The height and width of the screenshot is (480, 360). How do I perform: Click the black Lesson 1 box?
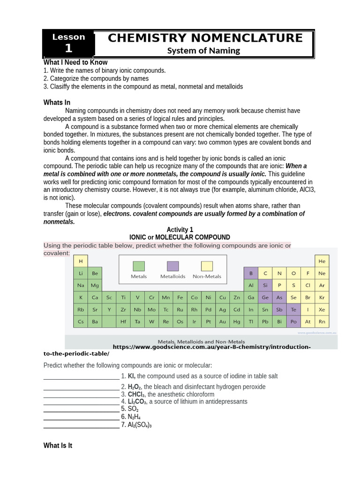tap(68, 43)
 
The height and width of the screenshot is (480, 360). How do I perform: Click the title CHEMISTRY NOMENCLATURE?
tap(205, 38)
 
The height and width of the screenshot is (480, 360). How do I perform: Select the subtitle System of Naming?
tap(204, 51)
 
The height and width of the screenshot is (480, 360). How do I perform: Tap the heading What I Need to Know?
tap(75, 62)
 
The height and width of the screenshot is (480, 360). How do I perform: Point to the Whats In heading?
tap(57, 103)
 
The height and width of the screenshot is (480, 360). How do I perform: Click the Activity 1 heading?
tap(180, 229)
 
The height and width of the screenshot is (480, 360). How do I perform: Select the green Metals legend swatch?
tap(139, 266)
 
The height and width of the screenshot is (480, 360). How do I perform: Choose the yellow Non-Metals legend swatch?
tap(207, 266)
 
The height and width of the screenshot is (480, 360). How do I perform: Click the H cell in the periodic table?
tap(81, 261)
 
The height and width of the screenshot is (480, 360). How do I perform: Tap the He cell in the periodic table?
tap(322, 261)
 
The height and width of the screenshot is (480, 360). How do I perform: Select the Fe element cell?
tap(180, 297)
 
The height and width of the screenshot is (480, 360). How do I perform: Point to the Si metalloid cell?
tap(265, 285)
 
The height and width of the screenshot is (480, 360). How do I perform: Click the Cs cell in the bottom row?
tap(81, 322)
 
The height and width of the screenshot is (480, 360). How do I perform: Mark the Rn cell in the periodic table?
tap(322, 322)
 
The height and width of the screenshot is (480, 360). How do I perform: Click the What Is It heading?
tap(58, 446)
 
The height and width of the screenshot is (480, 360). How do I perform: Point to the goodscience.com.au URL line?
tap(211, 347)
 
